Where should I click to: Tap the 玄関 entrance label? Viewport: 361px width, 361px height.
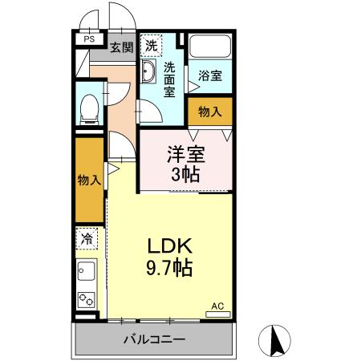tap(122, 47)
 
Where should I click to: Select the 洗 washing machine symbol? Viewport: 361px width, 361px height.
tap(151, 45)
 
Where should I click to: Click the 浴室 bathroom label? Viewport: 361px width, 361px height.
tap(211, 75)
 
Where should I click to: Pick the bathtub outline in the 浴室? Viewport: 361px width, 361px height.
tap(209, 48)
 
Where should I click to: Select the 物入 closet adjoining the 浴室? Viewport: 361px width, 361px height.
tap(210, 112)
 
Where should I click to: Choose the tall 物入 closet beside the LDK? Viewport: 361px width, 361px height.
tap(89, 180)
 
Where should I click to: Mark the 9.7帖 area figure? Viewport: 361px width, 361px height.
tap(169, 269)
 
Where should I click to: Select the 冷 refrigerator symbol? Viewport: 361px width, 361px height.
tap(86, 238)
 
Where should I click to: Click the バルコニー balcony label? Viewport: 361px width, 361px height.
tap(155, 339)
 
